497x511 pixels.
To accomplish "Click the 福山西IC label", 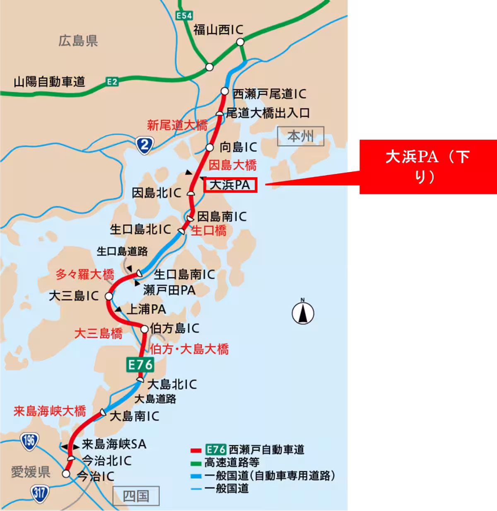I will tap(218, 30).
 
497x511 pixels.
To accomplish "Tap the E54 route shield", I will tap(184, 16).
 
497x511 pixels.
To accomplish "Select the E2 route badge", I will tap(112, 82).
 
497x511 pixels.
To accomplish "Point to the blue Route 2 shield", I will tap(144, 145).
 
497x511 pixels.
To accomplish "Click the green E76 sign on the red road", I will tap(141, 364).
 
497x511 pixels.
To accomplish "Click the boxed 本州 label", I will tap(300, 136).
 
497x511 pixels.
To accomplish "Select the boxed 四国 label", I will tap(136, 496).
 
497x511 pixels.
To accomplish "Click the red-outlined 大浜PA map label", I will tap(230, 185).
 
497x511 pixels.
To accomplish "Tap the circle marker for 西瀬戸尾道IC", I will tap(224, 91).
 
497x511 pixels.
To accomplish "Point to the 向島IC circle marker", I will tap(210, 147).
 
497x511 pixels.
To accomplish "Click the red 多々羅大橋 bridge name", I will tap(85, 274).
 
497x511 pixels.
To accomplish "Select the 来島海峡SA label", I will tap(114, 444).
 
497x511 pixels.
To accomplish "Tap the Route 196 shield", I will tap(29, 441).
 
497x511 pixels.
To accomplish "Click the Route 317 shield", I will tap(39, 493).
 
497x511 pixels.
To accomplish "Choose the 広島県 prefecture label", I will tap(78, 41).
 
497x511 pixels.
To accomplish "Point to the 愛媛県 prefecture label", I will tap(31, 472).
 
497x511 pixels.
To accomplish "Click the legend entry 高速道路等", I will tap(232, 463).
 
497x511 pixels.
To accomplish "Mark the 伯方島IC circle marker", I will tap(144, 329).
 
